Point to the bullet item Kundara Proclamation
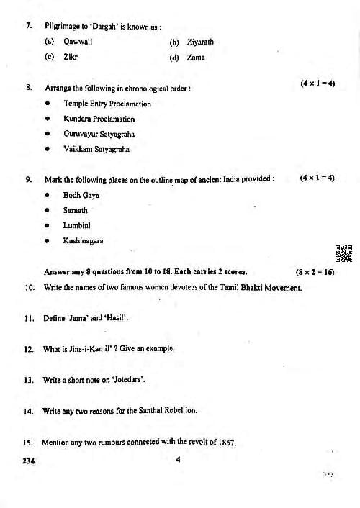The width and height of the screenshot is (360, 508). click(x=99, y=119)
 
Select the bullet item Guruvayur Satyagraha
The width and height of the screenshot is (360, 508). click(x=99, y=134)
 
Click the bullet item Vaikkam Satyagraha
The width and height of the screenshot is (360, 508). click(x=96, y=149)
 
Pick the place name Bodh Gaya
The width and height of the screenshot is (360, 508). click(x=81, y=195)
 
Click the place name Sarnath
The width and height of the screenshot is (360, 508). click(x=76, y=210)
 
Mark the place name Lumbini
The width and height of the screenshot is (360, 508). click(x=76, y=225)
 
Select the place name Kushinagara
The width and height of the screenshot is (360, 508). click(x=83, y=240)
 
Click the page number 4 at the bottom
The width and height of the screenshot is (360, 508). click(x=177, y=461)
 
